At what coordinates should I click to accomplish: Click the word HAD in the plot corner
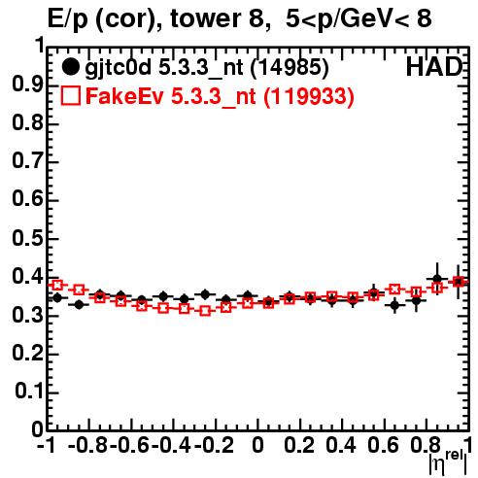(x=434, y=67)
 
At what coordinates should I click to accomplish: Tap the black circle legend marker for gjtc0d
(x=70, y=67)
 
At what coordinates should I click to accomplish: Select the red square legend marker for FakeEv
(x=70, y=96)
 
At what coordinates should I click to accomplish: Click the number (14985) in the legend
(x=290, y=67)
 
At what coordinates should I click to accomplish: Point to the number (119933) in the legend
(x=309, y=96)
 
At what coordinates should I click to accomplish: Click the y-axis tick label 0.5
(x=28, y=238)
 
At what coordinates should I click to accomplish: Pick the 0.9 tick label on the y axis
(x=28, y=85)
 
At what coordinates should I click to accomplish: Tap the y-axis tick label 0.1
(x=29, y=392)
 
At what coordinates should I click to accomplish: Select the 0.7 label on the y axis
(x=28, y=161)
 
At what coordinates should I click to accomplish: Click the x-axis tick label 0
(x=257, y=445)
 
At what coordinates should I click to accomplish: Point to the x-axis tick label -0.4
(x=171, y=445)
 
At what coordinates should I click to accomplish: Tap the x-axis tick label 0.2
(x=299, y=445)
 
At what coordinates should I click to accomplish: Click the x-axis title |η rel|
(x=449, y=462)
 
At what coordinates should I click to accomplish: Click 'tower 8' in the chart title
(x=221, y=18)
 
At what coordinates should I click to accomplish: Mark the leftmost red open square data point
(x=57, y=286)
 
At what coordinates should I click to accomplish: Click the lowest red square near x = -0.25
(x=205, y=311)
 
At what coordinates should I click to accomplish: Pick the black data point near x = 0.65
(x=394, y=305)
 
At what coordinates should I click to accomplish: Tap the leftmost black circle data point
(x=57, y=297)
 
